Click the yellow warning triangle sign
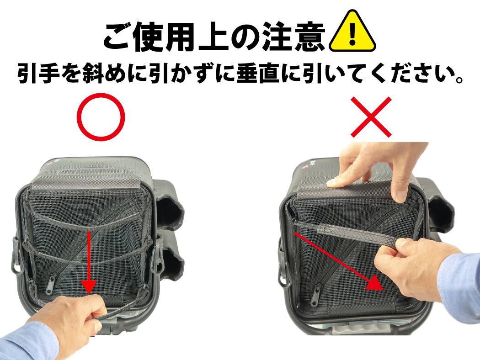tap(352, 32)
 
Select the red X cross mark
tap(371, 117)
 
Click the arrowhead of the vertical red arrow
tap(89, 287)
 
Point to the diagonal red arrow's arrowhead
tap(375, 283)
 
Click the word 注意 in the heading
tap(293, 36)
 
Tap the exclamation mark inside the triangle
tap(352, 34)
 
